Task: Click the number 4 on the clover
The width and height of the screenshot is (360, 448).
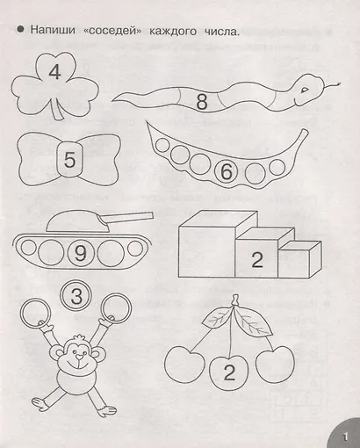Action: (x=54, y=72)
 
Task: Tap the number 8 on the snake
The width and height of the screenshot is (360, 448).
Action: (x=202, y=101)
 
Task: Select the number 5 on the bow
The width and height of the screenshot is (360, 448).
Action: (x=69, y=160)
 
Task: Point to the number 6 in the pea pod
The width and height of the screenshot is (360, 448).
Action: (x=227, y=172)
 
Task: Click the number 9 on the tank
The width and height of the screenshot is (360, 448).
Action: (x=80, y=253)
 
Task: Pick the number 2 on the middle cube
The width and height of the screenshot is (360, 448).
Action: (x=257, y=259)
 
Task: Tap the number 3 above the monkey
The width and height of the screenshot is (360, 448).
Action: (x=76, y=296)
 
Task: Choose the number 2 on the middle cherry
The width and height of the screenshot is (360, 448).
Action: (x=229, y=372)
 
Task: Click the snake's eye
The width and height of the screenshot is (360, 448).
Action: (x=306, y=90)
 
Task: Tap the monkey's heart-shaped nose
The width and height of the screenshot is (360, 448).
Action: (x=79, y=357)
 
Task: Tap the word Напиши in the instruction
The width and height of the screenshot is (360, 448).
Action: (x=53, y=30)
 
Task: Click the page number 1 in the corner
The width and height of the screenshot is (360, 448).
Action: (x=345, y=437)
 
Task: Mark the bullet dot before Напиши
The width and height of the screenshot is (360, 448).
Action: (x=20, y=30)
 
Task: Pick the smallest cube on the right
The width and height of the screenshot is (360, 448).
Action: (x=299, y=259)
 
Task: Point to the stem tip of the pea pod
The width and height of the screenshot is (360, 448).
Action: (x=306, y=131)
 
